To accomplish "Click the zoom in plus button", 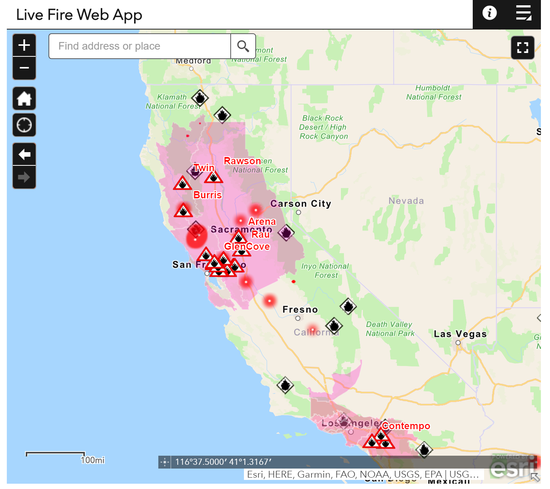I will [x=24, y=45].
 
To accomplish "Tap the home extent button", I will [x=24, y=98].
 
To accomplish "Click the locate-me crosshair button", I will [x=24, y=125].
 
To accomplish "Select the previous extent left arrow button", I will [x=24, y=154].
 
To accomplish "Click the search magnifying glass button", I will [x=243, y=46].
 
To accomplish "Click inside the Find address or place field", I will [x=139, y=46].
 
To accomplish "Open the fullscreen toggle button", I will [x=523, y=48].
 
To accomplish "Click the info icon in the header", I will [x=489, y=13].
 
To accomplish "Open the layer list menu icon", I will [x=523, y=13].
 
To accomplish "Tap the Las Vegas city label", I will [x=460, y=334].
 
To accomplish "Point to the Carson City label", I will [x=301, y=204].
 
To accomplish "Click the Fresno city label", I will [x=300, y=310].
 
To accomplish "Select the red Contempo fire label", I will [x=406, y=426].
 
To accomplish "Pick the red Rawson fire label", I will [x=242, y=161].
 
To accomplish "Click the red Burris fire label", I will [x=208, y=195].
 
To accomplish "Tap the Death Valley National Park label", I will [x=390, y=329].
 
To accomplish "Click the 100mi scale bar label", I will [x=93, y=460].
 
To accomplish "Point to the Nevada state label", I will [x=406, y=201].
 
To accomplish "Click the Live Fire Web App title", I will [x=79, y=15].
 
